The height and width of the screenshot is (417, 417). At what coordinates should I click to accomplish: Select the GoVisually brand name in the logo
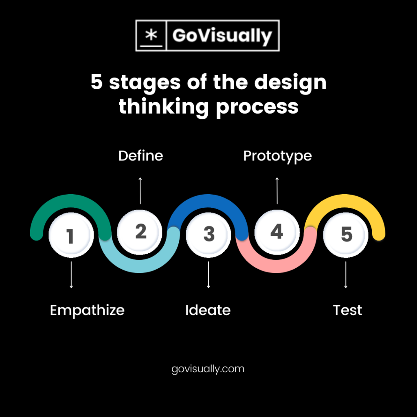tap(222, 36)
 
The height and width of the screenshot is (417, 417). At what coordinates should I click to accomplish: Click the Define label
tap(140, 156)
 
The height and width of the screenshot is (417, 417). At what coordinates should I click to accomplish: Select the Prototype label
tap(277, 156)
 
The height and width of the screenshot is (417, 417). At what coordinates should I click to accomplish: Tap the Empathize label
tap(87, 310)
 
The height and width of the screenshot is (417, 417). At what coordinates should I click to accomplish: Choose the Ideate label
tap(208, 310)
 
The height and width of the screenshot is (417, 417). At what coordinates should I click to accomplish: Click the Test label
tap(347, 310)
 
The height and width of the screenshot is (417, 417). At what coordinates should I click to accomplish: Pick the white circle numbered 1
tap(71, 235)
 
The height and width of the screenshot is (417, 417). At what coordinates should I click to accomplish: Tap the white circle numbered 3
tap(208, 234)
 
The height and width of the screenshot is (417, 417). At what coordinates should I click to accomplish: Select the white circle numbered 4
tap(277, 231)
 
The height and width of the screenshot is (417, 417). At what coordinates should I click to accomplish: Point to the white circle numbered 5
tap(346, 235)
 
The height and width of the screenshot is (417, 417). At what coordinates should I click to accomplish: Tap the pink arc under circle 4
tap(277, 264)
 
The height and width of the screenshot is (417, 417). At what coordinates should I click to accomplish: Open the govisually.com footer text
tap(208, 369)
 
